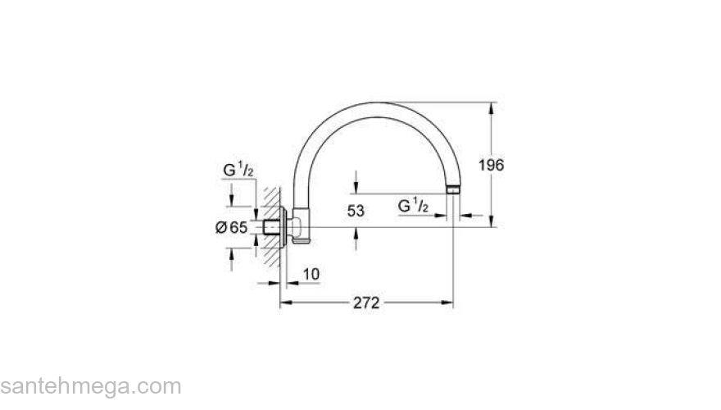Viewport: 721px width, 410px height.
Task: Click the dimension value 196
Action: click(491, 165)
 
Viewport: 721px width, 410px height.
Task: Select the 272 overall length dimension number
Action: click(366, 303)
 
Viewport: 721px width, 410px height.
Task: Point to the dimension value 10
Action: click(311, 274)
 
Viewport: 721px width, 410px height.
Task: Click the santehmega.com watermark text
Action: click(90, 385)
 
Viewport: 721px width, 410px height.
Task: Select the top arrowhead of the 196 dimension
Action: click(492, 107)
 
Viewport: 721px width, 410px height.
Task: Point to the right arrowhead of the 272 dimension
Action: click(448, 303)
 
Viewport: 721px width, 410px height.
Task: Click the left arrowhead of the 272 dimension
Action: click(286, 303)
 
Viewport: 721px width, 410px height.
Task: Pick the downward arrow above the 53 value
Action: click(356, 187)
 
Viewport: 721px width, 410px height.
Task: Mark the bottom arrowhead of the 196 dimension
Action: click(492, 221)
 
